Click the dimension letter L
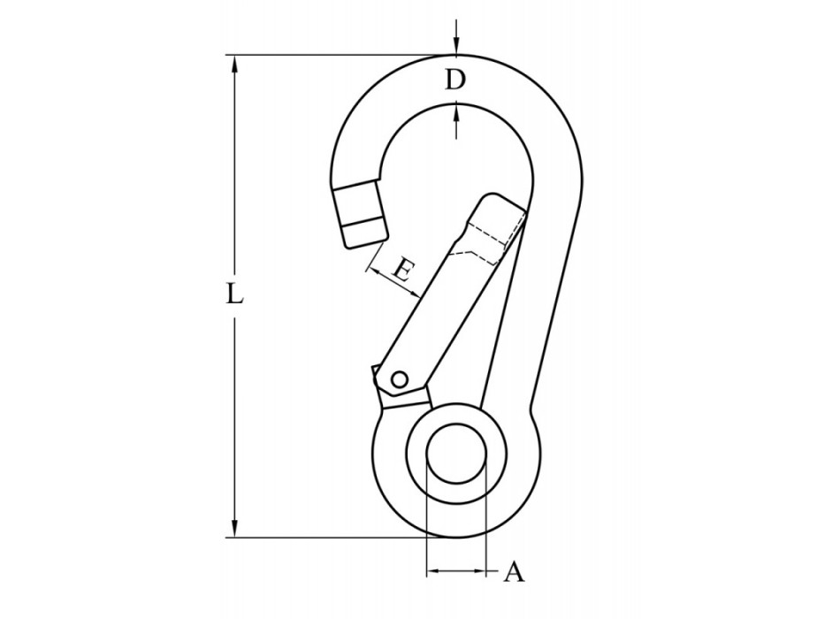point(233,294)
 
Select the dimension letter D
point(454,80)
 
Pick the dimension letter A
point(514,573)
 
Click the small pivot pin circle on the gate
point(399,379)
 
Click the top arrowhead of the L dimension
point(234,62)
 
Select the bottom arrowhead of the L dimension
point(234,530)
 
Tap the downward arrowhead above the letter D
point(455,48)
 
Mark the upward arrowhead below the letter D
point(455,111)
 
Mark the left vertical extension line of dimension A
point(426,522)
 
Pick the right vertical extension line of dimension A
point(486,522)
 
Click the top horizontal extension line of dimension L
point(336,55)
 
